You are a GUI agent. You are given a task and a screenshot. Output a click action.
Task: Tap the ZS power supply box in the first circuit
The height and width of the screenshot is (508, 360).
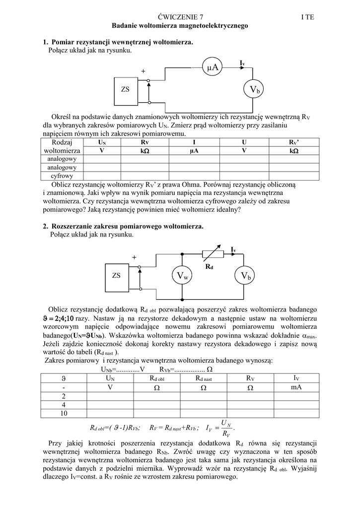tap(125, 89)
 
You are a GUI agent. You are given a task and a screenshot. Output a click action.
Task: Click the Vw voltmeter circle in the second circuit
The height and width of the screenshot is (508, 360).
tap(183, 276)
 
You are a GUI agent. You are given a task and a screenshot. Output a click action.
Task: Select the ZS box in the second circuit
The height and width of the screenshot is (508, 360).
tap(117, 276)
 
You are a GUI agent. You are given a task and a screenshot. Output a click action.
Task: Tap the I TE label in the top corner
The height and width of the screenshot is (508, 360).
tap(307, 17)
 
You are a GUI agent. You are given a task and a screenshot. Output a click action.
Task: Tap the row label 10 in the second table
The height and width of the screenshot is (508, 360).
tap(64, 413)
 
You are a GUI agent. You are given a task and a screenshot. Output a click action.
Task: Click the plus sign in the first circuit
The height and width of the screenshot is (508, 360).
tap(143, 71)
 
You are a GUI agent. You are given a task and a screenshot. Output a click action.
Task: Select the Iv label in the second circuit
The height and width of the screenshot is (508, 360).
tap(233, 249)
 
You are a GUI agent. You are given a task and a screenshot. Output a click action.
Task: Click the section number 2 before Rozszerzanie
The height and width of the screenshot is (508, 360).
tap(45, 226)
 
